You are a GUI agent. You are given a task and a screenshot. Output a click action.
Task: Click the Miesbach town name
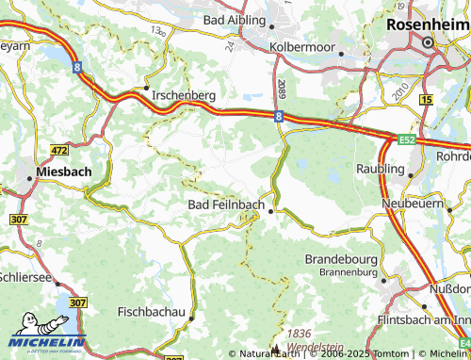point(64,173)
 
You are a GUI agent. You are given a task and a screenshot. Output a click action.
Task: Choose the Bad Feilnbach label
point(226,205)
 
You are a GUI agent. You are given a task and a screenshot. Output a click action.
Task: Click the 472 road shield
point(59,150)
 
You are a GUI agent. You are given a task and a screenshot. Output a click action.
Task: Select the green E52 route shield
point(406,140)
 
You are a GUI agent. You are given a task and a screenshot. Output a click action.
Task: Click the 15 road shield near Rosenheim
point(426,99)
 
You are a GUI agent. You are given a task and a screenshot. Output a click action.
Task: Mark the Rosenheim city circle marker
point(428,43)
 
